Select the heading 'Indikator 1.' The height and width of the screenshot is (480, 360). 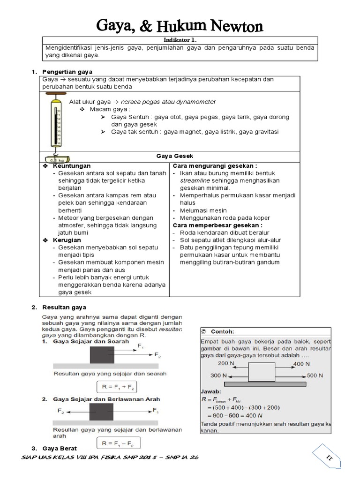[180, 41]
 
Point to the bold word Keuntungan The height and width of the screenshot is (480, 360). [72, 166]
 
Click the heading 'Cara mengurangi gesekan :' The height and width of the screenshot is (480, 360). [215, 166]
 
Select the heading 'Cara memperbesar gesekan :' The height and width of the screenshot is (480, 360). [217, 225]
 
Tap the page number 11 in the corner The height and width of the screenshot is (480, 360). [328, 457]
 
